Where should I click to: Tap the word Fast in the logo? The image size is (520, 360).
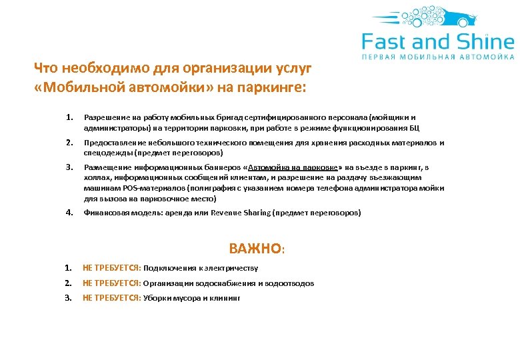386,43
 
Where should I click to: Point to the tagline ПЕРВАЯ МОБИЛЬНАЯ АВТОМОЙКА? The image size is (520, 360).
438,57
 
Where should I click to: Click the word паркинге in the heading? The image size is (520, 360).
271,87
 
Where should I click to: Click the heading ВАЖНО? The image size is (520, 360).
255,249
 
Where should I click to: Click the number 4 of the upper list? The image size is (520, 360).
69,213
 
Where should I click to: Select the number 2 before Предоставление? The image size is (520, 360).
69,143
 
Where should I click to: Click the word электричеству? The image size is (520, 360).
235,268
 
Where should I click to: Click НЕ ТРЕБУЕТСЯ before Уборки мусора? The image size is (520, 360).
111,298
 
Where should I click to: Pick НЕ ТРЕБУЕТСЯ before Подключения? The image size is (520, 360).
111,268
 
